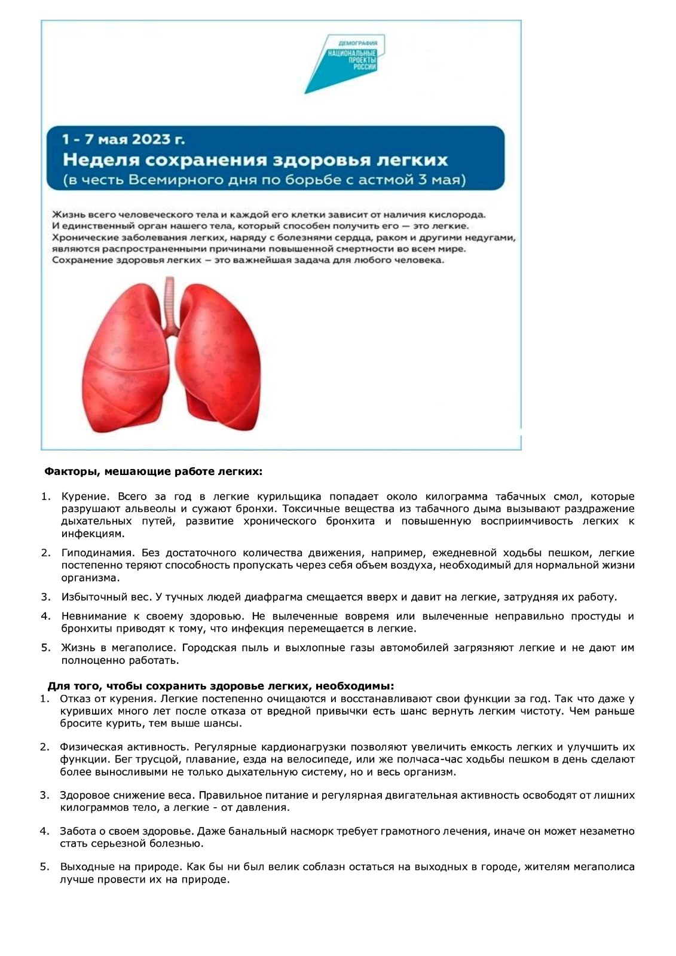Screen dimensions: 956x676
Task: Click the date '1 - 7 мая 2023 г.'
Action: click(x=124, y=139)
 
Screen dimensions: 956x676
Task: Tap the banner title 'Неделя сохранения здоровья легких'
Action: click(x=255, y=160)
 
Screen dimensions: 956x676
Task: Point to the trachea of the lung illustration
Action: click(x=172, y=305)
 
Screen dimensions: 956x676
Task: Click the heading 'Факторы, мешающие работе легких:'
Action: click(x=154, y=471)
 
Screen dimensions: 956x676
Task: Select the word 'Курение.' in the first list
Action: click(x=85, y=497)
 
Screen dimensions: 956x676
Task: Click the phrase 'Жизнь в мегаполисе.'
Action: click(x=118, y=648)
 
